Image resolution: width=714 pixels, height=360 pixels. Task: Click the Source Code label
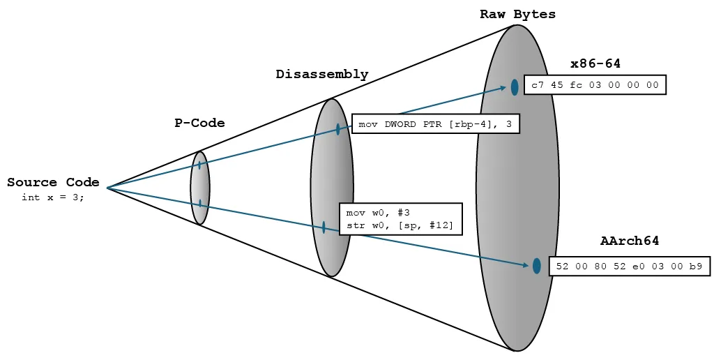(53, 183)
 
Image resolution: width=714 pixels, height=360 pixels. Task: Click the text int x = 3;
(53, 197)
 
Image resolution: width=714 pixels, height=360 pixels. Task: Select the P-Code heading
(199, 123)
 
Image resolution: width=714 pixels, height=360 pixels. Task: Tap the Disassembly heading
(321, 75)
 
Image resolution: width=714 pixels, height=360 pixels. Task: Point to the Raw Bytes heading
(517, 15)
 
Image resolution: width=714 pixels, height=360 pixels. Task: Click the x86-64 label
(595, 64)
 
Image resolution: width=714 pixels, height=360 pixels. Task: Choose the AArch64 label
(629, 241)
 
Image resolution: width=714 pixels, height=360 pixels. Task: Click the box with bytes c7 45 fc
(594, 85)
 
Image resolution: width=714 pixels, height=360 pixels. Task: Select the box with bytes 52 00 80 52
(629, 266)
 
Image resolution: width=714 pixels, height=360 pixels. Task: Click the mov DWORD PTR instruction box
(435, 124)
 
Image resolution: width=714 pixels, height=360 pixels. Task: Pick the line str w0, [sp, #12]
(400, 225)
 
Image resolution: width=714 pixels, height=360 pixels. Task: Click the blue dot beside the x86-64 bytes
(515, 87)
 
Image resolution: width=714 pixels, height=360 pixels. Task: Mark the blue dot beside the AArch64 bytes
(536, 266)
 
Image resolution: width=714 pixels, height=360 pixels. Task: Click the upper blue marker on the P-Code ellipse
(199, 165)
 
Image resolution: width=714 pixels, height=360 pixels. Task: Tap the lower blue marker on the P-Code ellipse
(200, 204)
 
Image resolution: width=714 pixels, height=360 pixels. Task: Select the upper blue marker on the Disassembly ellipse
(338, 129)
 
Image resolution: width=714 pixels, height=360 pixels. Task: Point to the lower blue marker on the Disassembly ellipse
(324, 227)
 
